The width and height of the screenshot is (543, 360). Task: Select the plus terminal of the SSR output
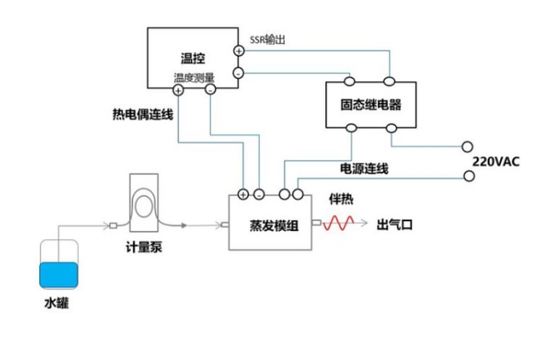tap(239, 50)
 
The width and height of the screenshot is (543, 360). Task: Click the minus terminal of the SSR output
tap(239, 73)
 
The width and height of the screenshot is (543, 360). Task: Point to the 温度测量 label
tap(194, 78)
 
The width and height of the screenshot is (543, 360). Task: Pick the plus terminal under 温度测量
tap(178, 90)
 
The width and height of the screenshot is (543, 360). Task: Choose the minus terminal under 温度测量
tap(210, 90)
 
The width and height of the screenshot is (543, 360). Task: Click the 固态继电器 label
tap(371, 105)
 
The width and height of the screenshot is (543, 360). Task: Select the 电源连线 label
tap(364, 169)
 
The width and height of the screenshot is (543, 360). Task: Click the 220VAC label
tap(495, 161)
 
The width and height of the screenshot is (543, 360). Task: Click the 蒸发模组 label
tap(270, 224)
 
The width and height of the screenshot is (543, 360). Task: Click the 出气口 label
tap(395, 224)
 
